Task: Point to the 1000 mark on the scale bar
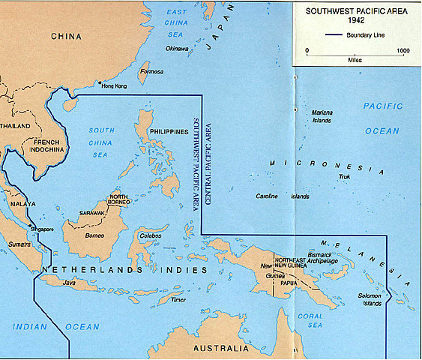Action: (403, 51)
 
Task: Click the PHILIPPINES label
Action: (168, 131)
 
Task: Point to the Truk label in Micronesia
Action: (344, 178)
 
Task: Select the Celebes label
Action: (150, 235)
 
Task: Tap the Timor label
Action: (178, 298)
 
